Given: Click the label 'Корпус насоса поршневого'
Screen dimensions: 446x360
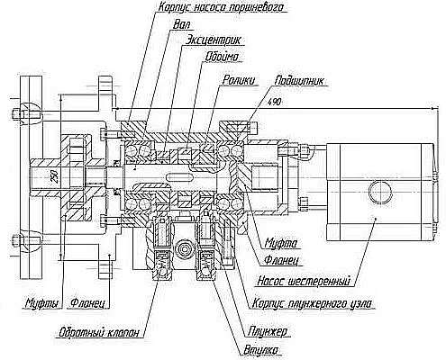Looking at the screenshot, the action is (221, 7).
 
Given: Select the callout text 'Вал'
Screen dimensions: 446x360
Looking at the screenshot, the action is (182, 24).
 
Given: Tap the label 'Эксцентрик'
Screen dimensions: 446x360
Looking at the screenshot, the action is (213, 40).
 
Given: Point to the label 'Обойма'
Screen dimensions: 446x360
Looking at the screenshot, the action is (222, 57).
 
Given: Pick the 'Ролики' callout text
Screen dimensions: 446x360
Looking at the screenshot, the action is (239, 80).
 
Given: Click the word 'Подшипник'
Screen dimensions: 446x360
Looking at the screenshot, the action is (300, 81).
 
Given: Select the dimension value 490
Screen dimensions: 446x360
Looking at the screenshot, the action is (275, 102).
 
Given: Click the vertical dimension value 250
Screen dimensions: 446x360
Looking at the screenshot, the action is (54, 177).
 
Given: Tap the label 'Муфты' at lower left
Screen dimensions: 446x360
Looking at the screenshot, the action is (41, 303).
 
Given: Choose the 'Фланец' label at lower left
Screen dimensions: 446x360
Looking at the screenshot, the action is (87, 303).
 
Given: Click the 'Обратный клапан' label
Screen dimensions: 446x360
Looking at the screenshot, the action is (99, 332).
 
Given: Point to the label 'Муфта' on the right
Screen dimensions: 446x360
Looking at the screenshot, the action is (280, 243).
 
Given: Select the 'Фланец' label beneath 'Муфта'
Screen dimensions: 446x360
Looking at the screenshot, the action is (281, 260).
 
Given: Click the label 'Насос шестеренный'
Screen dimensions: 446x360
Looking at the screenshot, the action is (304, 282).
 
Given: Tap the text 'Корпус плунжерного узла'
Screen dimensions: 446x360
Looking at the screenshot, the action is (312, 303).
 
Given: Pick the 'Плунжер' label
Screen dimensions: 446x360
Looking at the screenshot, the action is (268, 331).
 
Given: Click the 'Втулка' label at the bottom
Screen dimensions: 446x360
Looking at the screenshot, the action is (261, 350).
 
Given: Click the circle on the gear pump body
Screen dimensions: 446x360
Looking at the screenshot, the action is (380, 193).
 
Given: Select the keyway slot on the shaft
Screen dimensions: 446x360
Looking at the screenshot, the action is (180, 177).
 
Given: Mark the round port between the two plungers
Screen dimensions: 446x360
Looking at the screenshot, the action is (185, 249).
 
